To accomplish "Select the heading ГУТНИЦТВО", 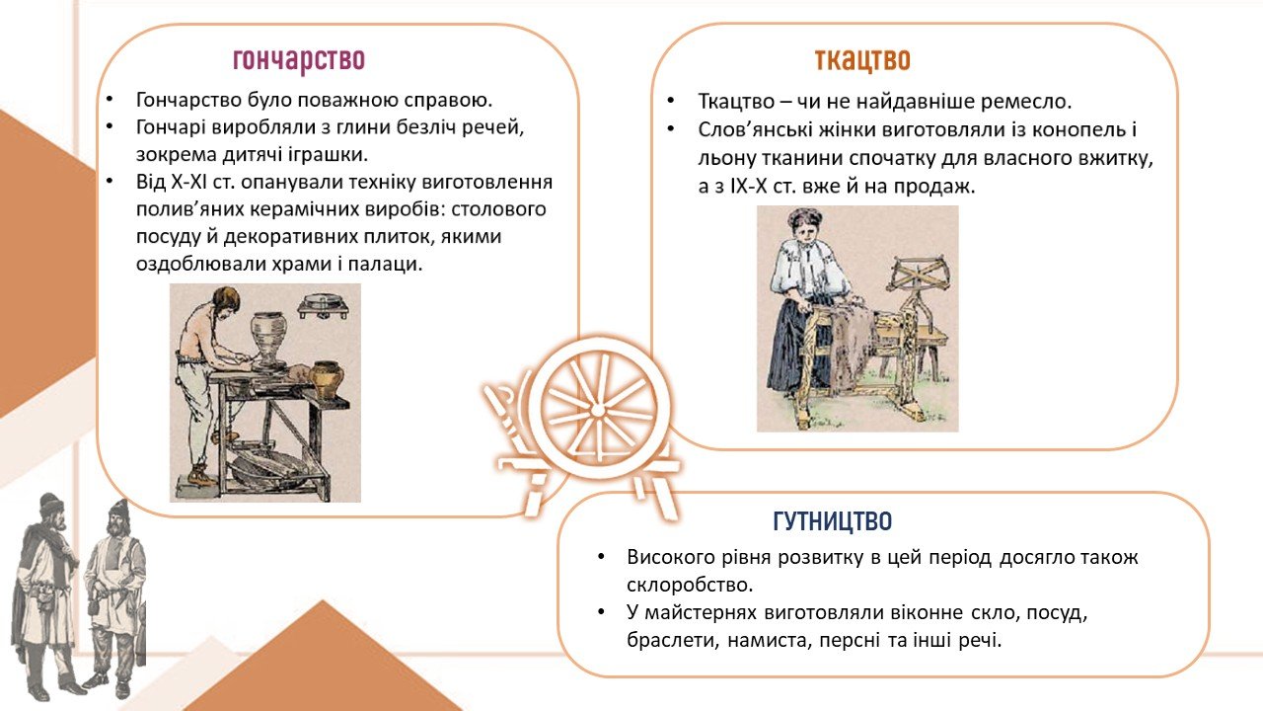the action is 832,521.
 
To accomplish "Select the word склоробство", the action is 690,586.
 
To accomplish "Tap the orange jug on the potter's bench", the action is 327,379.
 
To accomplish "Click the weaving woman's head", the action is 806,226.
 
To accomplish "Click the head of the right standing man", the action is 119,516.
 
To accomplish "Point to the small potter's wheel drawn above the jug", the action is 323,306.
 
